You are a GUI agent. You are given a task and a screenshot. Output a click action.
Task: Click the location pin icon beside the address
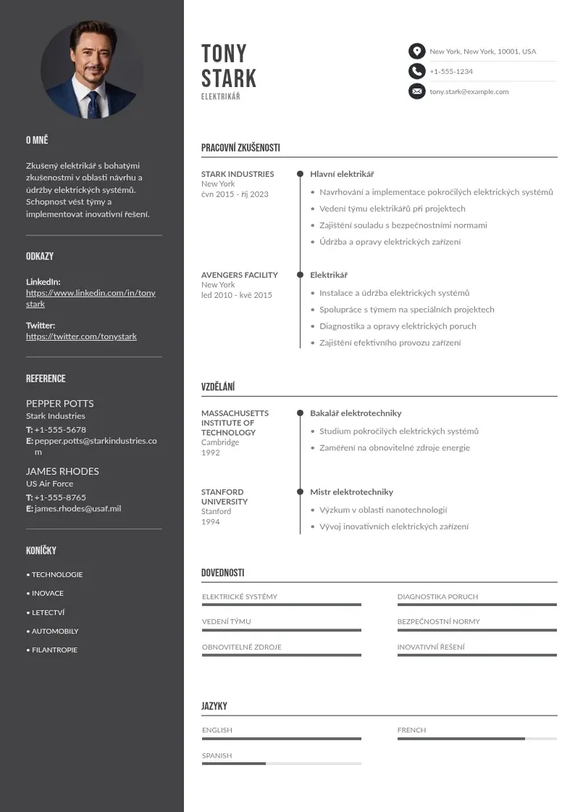[x=416, y=51]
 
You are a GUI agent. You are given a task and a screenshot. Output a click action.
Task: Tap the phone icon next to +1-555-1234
[x=416, y=71]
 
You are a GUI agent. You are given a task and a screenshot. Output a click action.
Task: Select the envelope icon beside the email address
[x=416, y=91]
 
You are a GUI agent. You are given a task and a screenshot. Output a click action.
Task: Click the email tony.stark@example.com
[x=469, y=92]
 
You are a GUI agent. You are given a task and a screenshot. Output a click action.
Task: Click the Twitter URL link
[x=81, y=336]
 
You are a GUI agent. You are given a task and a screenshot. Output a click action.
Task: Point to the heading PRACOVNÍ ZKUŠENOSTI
[x=240, y=148]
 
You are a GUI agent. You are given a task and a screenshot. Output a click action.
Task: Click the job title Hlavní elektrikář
[x=342, y=174]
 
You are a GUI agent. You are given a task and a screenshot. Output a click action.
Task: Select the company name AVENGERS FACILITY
[x=239, y=275]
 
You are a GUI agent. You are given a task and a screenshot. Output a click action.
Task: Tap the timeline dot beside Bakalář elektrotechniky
[x=300, y=413]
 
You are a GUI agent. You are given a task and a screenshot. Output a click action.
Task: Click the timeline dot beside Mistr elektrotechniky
[x=300, y=492]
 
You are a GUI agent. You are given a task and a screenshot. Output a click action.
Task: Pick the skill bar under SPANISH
[x=281, y=763]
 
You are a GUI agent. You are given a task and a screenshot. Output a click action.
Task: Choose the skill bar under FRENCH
[x=477, y=739]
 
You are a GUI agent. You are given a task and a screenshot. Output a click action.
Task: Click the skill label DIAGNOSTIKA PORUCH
[x=437, y=597]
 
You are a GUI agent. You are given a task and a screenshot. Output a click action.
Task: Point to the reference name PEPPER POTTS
[x=60, y=403]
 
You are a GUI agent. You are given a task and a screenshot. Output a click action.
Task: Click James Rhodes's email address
[x=77, y=509]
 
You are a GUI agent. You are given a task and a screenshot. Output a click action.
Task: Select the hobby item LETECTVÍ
[x=48, y=613]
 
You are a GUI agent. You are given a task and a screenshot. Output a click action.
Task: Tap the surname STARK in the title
[x=229, y=78]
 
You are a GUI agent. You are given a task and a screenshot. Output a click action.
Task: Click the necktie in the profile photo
[x=93, y=104]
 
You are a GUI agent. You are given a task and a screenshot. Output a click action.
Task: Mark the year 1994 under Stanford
[x=210, y=522]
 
